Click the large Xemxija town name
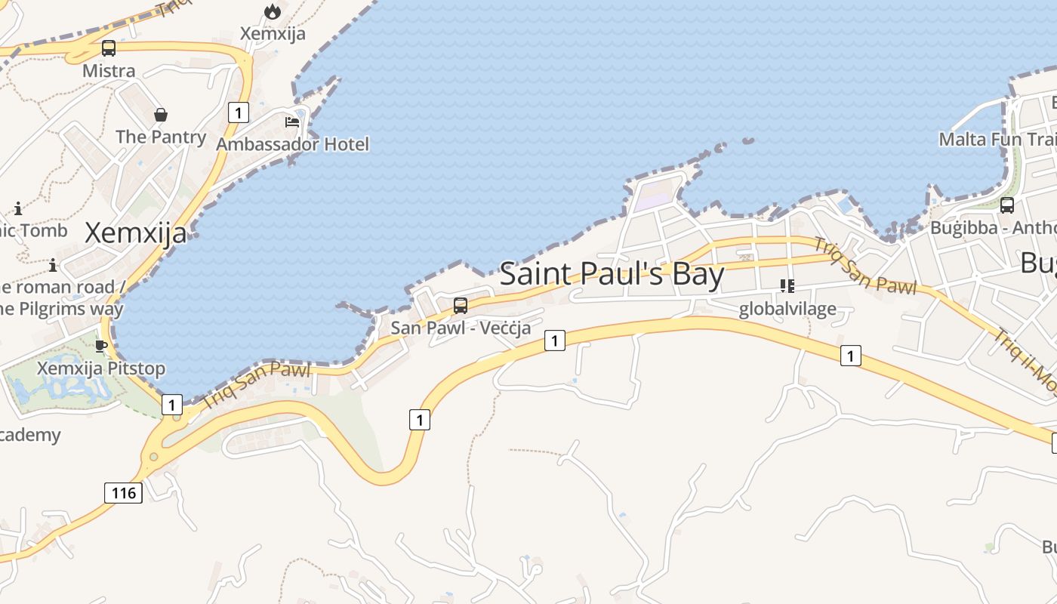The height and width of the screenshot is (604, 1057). click(135, 233)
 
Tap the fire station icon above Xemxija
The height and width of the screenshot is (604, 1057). click(273, 11)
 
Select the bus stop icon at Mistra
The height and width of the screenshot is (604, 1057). click(109, 48)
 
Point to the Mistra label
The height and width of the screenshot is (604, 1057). click(109, 71)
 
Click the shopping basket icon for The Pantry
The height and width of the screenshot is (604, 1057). click(161, 115)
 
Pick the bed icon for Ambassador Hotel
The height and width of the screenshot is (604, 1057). click(292, 122)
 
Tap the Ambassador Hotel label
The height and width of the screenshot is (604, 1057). click(293, 143)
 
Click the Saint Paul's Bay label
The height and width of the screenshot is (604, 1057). click(612, 273)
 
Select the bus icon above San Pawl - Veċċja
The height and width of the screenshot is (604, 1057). click(460, 306)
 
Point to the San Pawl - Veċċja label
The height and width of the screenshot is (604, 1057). click(461, 328)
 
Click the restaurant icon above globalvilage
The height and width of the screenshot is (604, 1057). click(787, 286)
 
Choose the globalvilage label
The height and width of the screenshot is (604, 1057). click(787, 309)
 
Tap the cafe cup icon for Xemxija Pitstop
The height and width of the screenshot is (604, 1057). click(101, 347)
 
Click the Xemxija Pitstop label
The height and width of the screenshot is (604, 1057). click(101, 368)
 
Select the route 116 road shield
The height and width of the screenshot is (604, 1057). click(123, 493)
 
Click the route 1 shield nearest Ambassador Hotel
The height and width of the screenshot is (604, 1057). click(238, 113)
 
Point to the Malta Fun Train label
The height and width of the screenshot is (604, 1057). click(997, 140)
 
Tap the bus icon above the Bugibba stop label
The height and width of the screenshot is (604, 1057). click(1006, 205)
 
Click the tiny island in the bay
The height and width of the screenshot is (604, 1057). click(747, 140)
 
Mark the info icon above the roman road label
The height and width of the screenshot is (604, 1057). click(53, 265)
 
